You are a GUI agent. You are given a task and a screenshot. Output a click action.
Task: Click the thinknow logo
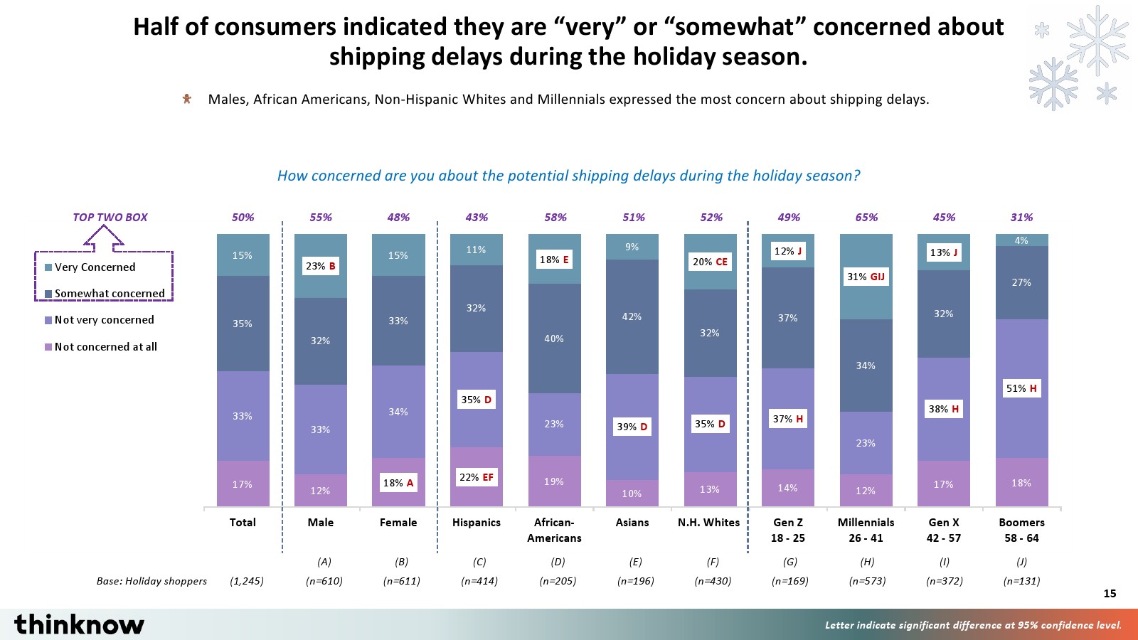point(79,624)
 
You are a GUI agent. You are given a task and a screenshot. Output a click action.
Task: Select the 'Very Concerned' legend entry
point(95,267)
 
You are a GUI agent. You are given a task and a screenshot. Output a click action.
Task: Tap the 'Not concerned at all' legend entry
point(105,347)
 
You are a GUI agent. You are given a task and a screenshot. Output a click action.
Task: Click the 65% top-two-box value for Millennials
point(866,218)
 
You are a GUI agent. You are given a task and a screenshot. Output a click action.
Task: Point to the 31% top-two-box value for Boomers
point(1021,218)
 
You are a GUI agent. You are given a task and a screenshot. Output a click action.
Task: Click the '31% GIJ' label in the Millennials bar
point(866,277)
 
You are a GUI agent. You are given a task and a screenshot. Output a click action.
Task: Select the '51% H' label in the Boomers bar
point(1021,388)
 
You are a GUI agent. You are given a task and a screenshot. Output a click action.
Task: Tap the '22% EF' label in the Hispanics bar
point(476,477)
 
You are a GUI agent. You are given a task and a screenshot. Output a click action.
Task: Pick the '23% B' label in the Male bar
point(320,266)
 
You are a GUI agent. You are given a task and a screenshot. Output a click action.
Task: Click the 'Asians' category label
point(632,523)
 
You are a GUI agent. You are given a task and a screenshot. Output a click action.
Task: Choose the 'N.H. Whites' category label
point(708,523)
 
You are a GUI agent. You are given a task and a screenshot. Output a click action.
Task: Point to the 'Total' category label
point(243,523)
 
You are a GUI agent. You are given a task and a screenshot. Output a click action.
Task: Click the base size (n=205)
point(558,581)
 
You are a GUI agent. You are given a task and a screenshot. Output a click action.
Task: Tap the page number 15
point(1110,594)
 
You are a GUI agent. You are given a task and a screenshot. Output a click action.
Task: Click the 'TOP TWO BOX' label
point(110,218)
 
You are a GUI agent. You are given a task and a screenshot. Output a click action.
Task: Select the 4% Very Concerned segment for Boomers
point(1021,240)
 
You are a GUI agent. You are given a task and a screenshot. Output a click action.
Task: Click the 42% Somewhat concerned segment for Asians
point(632,316)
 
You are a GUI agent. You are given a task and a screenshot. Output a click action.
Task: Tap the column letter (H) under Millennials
point(867,562)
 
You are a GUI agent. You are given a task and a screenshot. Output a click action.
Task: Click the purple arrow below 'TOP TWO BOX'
point(104,238)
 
